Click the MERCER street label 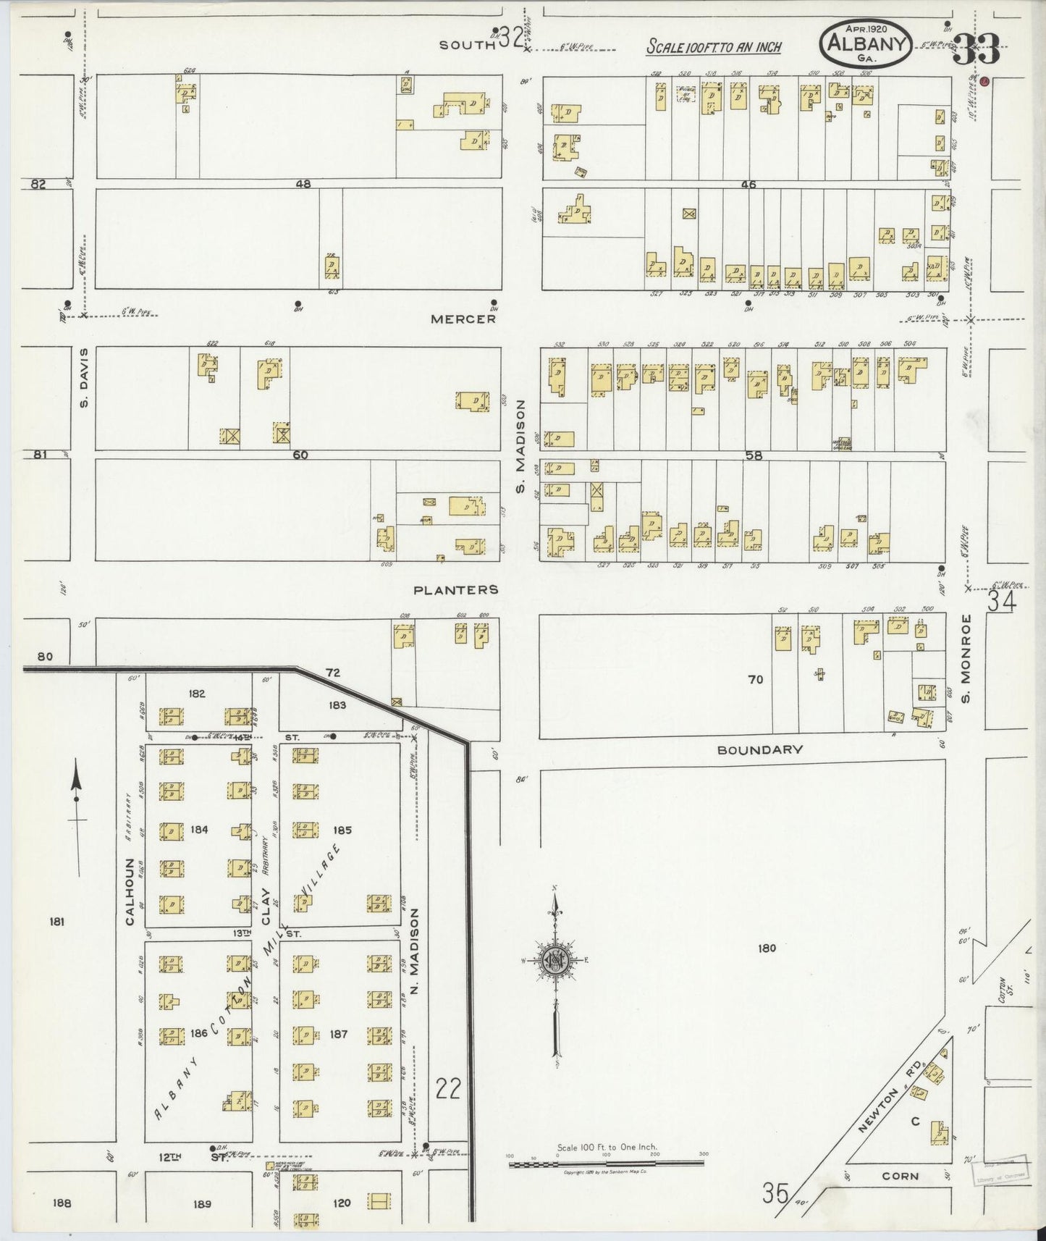point(463,319)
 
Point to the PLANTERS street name point(455,590)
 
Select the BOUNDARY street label point(759,750)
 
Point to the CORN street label point(900,1177)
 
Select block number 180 point(767,948)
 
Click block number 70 point(755,679)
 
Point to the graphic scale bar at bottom point(606,1164)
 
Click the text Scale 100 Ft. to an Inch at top point(714,48)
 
